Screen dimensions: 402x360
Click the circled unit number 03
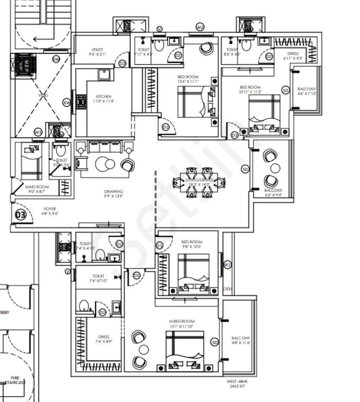20,215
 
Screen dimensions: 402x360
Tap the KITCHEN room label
103,96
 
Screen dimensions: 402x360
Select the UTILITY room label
97,50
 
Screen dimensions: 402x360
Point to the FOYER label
50,209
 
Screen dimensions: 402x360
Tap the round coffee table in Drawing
105,164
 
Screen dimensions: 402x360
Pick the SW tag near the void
56,60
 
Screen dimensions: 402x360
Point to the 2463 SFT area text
236,386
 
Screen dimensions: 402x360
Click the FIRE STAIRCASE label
15,380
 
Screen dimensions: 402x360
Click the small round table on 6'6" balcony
275,168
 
